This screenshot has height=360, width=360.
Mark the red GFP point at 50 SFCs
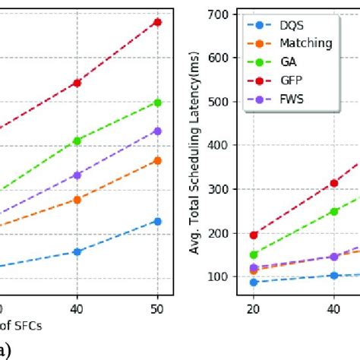(x=157, y=22)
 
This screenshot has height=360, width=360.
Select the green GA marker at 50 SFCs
(x=157, y=102)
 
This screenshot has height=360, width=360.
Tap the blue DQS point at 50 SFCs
(x=157, y=221)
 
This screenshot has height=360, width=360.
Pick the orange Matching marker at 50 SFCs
(x=157, y=160)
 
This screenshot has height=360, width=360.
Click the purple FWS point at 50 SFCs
(x=157, y=131)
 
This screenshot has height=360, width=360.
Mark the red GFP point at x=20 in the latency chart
(x=254, y=235)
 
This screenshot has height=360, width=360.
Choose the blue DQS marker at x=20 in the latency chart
(x=254, y=282)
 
